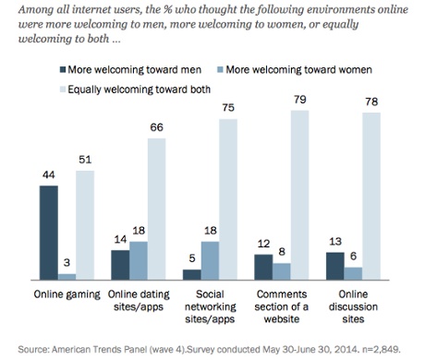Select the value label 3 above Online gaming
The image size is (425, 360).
tap(68, 263)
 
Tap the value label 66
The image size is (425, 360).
tap(158, 127)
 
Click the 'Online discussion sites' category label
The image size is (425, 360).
tap(358, 306)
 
